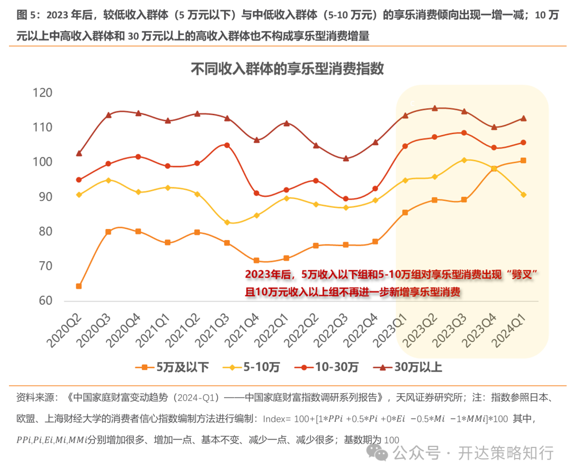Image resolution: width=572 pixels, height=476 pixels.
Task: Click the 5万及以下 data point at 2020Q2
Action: point(79,286)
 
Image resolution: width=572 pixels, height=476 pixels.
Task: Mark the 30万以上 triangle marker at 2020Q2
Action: point(79,153)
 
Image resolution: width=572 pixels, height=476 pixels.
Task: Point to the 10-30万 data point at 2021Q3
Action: point(227,145)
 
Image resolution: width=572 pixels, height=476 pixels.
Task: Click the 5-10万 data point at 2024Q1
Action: point(524,195)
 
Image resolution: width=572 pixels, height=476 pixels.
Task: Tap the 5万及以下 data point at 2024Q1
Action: point(524,161)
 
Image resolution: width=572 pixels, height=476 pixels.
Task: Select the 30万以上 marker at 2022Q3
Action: point(346,158)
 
